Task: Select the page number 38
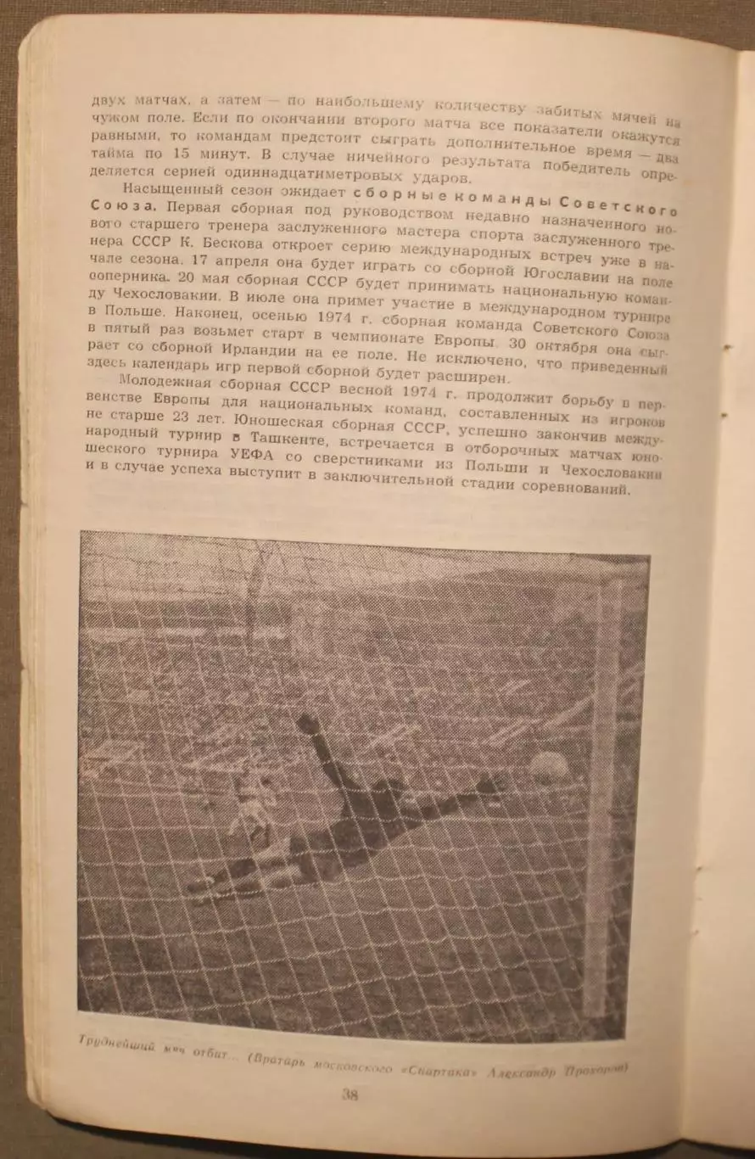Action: click(350, 1095)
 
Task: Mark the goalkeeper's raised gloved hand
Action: click(307, 724)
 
